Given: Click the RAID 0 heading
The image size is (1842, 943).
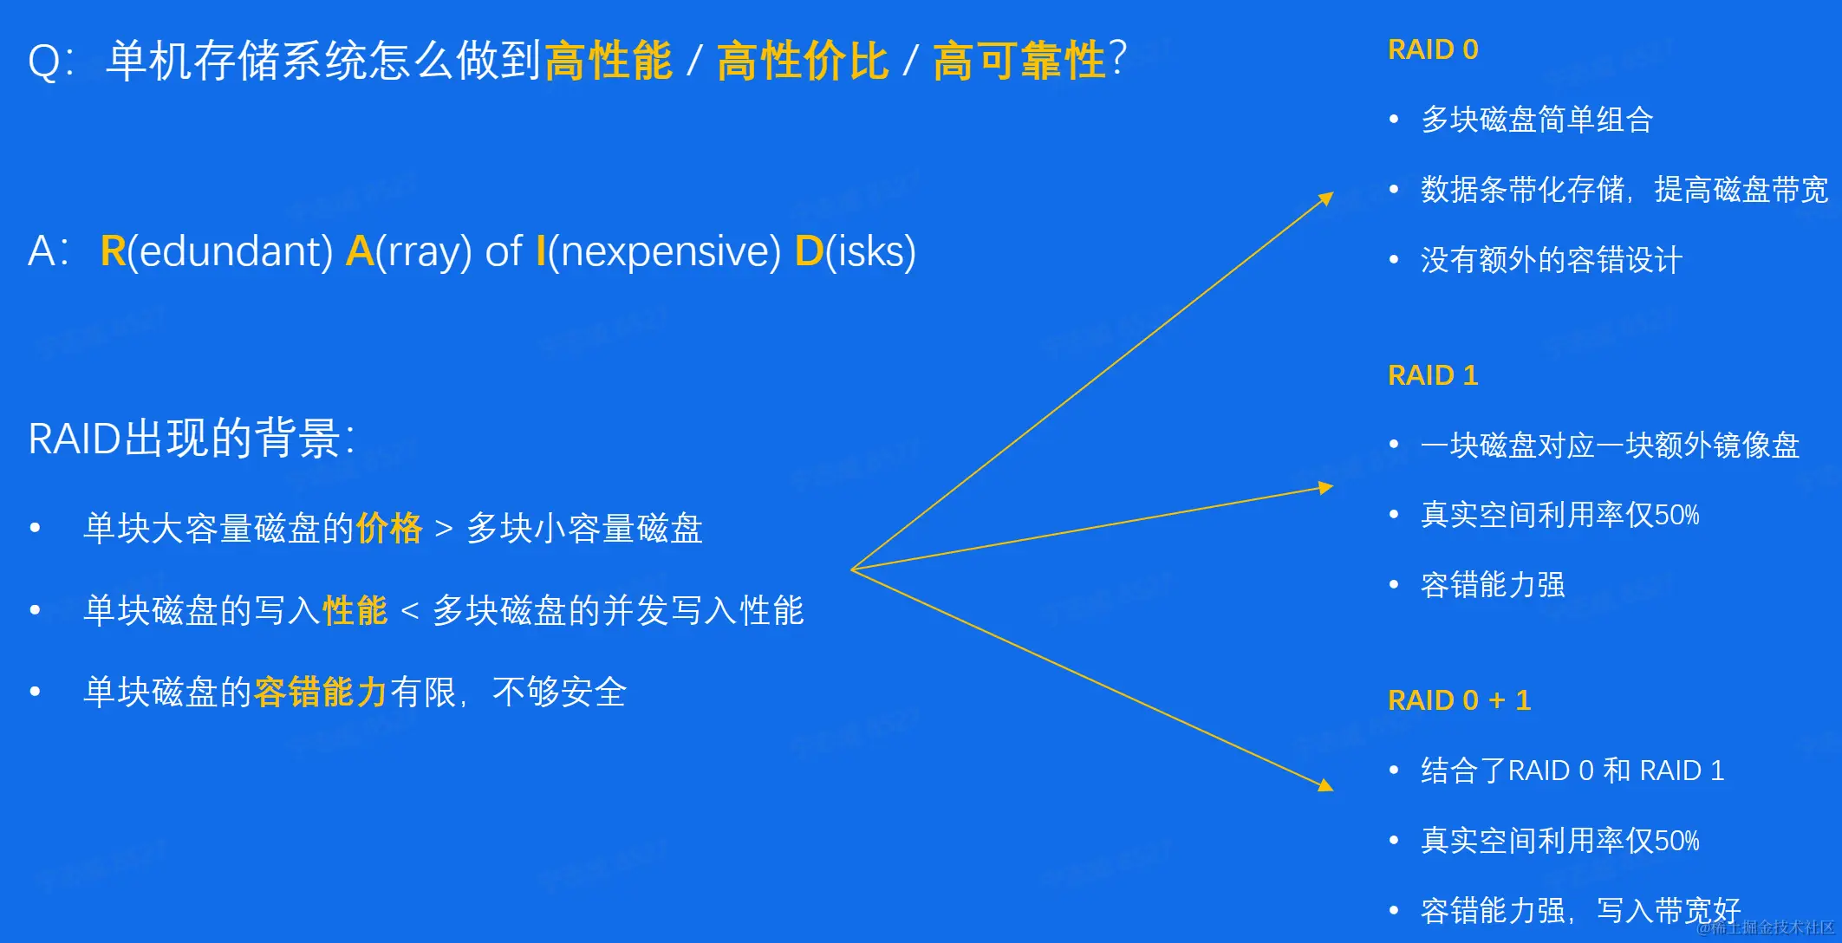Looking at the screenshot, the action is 1433,49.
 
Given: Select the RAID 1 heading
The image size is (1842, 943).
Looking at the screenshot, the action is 1433,375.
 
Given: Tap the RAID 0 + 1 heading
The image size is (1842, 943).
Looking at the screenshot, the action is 1460,700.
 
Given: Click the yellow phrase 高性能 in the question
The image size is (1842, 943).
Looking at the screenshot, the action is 609,61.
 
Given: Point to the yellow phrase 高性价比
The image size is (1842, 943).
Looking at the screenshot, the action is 803,61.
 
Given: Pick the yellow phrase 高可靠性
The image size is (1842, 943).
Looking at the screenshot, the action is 1019,61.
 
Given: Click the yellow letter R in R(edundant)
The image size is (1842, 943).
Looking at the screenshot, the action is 114,251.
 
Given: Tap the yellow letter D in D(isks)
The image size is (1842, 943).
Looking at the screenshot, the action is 809,251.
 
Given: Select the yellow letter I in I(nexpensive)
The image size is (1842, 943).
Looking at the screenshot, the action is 541,251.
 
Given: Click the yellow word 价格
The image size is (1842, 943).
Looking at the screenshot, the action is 389,528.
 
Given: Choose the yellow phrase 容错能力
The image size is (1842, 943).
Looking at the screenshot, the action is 321,692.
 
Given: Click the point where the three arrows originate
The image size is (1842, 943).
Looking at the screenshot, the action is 852,569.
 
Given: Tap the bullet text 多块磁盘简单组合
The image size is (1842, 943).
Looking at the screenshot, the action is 1537,120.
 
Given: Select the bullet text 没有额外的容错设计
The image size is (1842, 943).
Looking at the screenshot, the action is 1552,259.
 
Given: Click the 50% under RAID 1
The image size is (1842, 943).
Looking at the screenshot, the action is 1676,515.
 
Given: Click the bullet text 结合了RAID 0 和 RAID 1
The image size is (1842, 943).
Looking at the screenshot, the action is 1572,771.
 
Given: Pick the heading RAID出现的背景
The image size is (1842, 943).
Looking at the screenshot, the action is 192,438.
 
